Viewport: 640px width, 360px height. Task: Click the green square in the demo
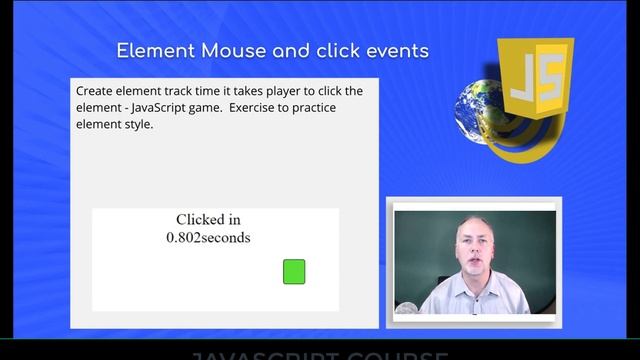294,271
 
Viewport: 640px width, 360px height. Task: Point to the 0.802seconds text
208,238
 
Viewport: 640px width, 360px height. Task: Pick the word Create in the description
96,91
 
